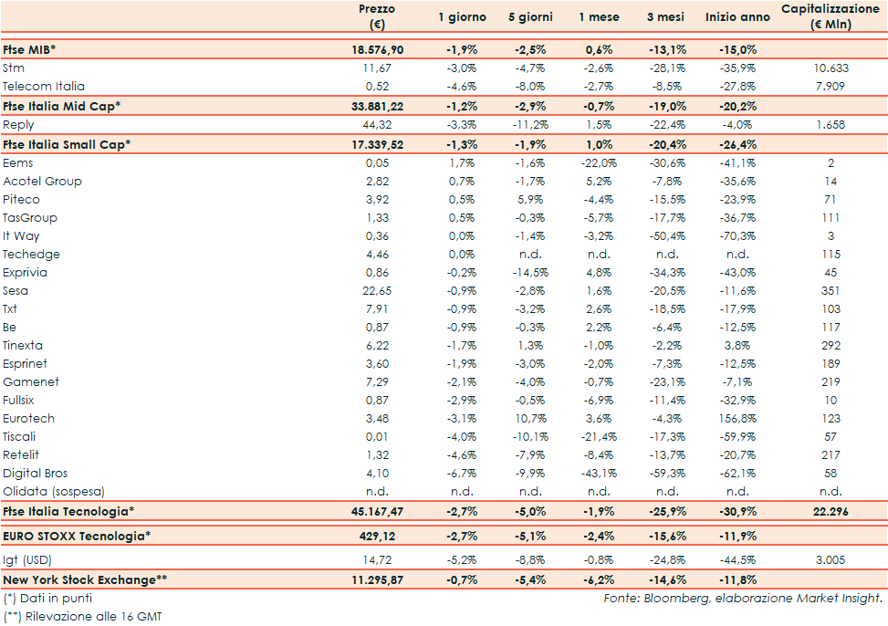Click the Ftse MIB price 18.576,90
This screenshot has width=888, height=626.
pos(377,50)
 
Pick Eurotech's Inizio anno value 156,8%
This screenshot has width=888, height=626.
pos(737,419)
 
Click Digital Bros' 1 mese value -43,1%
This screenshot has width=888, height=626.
pos(600,474)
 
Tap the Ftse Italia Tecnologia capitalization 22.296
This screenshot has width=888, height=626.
pos(830,512)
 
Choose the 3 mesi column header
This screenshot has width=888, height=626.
pos(667,17)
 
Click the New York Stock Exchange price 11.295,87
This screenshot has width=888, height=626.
pos(377,579)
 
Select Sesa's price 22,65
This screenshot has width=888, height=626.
pos(376,291)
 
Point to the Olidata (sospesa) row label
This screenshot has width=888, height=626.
pos(54,492)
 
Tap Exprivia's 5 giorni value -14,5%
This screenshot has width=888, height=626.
pos(529,273)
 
